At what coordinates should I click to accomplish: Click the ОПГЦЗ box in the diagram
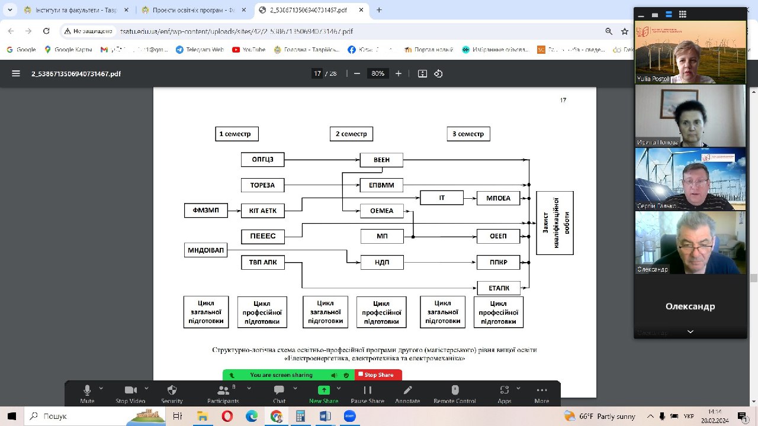(x=262, y=160)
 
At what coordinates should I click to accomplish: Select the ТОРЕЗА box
(x=262, y=185)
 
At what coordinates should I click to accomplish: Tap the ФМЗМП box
(x=206, y=211)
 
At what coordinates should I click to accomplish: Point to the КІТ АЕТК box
(x=262, y=211)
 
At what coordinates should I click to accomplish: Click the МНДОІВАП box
(x=206, y=250)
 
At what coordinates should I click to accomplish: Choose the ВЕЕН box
(x=381, y=160)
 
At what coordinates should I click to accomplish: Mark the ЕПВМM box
(x=381, y=185)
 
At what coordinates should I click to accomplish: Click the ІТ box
(x=442, y=198)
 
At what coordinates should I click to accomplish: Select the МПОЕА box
(x=498, y=198)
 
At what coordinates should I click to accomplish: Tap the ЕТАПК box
(x=498, y=288)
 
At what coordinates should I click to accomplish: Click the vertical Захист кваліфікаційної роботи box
(x=555, y=223)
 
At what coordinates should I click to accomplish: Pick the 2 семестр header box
(x=351, y=134)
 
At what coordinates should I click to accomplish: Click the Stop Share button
(x=378, y=375)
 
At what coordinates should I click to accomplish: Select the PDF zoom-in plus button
(x=399, y=73)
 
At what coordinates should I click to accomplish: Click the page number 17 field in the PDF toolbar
(x=317, y=73)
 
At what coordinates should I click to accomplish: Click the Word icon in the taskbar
(x=325, y=416)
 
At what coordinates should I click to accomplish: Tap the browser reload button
(x=47, y=31)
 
